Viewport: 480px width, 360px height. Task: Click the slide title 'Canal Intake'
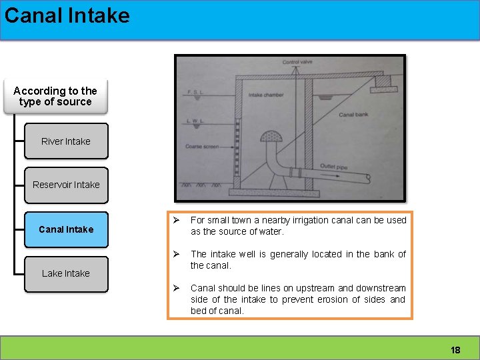[67, 15]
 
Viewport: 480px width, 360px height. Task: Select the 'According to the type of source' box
[55, 97]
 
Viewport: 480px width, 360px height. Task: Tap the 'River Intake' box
[65, 141]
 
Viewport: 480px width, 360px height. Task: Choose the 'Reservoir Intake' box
[65, 185]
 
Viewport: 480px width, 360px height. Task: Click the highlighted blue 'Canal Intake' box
[65, 229]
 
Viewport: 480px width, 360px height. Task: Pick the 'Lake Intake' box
[65, 273]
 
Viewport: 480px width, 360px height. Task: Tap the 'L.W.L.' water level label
[195, 120]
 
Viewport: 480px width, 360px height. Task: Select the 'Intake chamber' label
[265, 95]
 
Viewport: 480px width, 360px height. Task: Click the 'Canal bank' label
[355, 115]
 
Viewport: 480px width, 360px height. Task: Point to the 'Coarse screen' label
[201, 146]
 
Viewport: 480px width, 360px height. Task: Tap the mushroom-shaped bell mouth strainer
[271, 136]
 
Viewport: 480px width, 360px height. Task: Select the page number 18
[455, 350]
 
